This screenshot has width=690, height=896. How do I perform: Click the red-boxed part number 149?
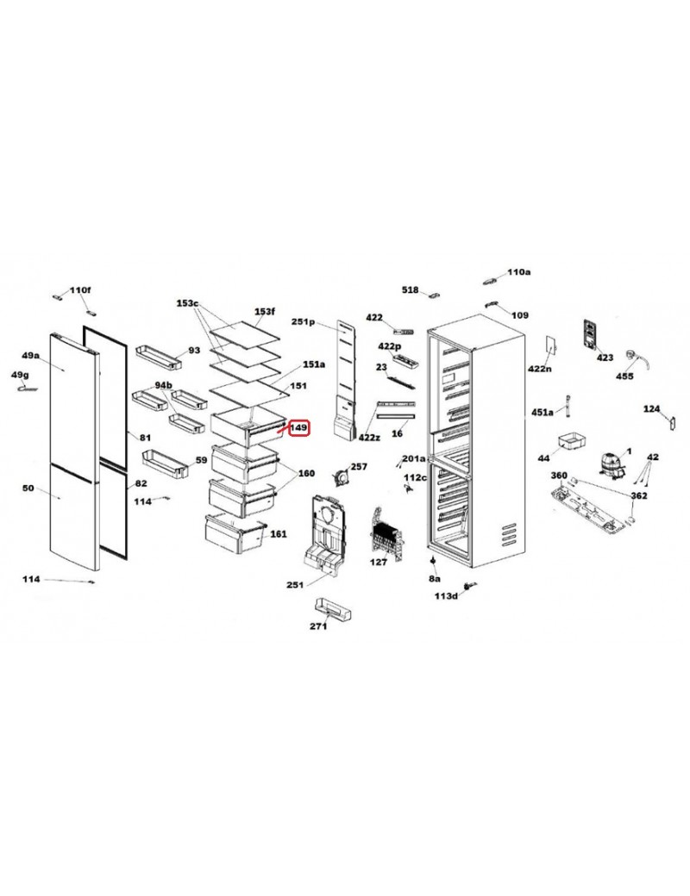299,427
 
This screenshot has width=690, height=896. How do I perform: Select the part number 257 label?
359,467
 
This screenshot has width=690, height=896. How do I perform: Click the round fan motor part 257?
342,476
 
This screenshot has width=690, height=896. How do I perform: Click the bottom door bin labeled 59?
165,464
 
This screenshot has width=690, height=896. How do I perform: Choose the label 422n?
540,369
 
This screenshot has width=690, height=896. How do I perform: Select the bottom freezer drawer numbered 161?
235,534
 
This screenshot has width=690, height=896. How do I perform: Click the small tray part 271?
332,609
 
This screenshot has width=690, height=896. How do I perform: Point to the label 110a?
519,272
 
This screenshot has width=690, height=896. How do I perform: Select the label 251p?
304,321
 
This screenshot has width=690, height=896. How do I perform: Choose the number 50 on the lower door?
28,488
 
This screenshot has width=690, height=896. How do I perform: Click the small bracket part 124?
672,422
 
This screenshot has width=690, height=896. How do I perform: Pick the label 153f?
264,311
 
